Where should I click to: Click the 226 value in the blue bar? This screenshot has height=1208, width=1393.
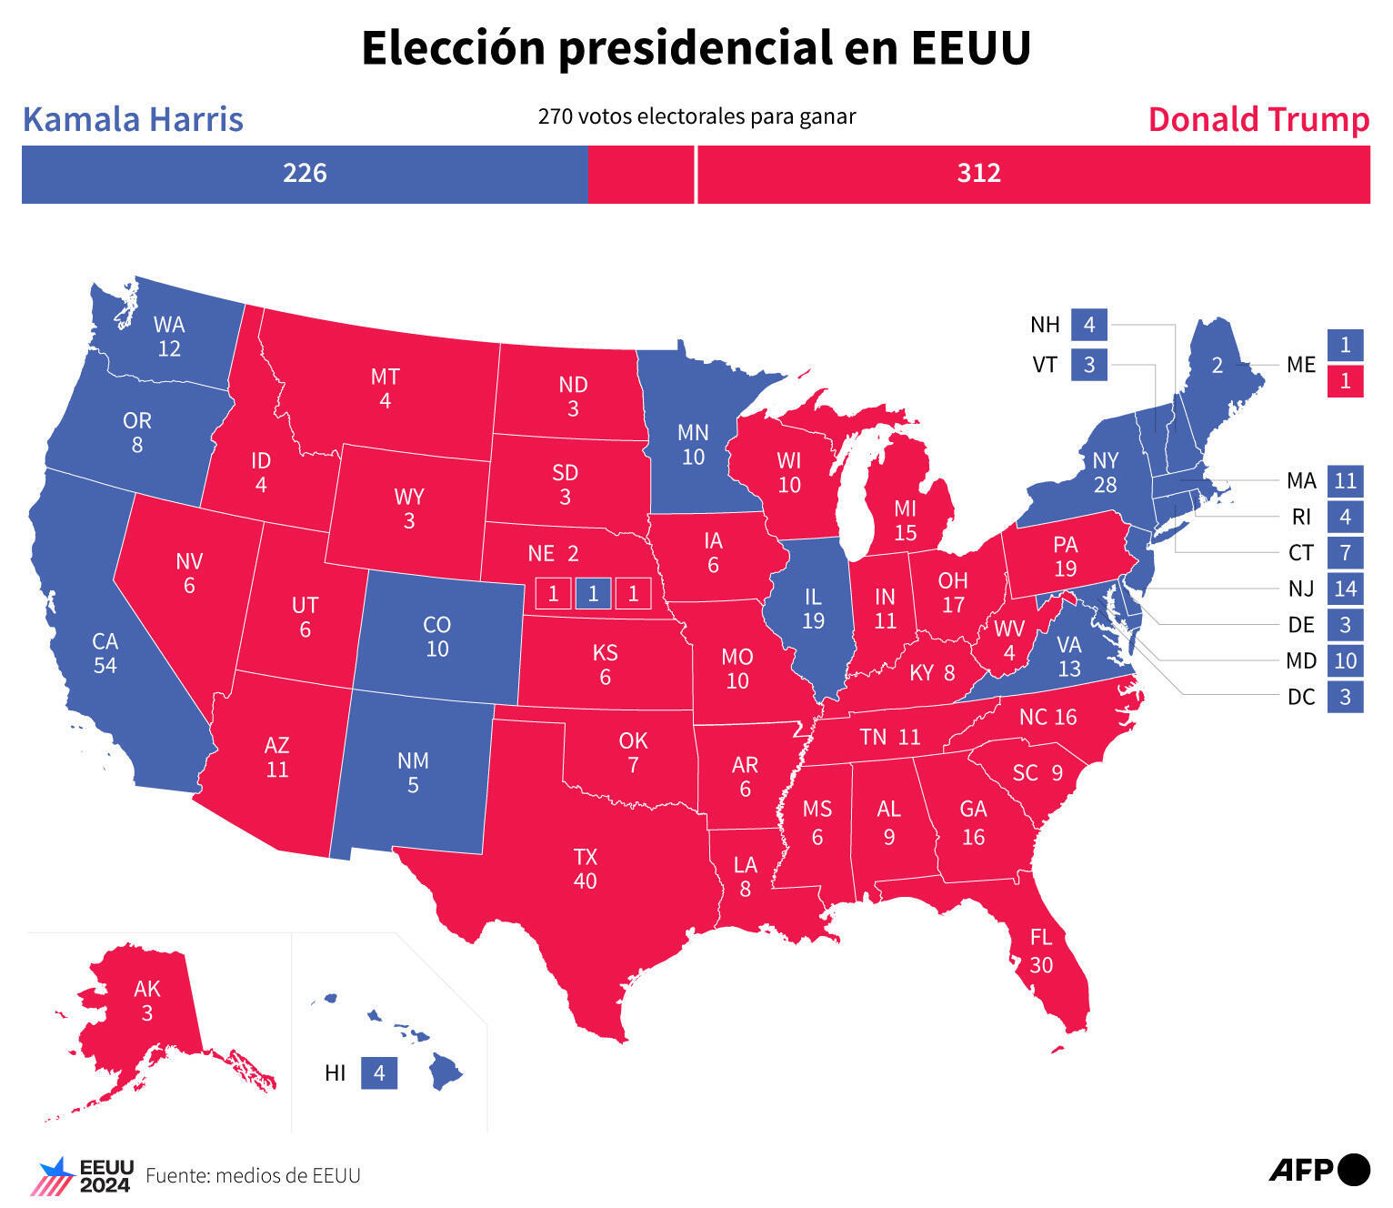coord(304,173)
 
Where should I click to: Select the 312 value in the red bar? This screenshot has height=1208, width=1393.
coord(978,173)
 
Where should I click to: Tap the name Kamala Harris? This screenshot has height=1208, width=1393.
coord(133,119)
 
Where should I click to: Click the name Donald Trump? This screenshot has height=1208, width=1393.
coord(1258,119)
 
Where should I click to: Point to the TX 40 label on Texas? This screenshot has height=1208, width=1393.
coord(585,868)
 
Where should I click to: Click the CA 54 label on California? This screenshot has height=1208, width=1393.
coord(105,653)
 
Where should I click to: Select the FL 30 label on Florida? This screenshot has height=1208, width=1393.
coord(1040,951)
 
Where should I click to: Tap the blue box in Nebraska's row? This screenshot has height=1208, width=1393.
coord(593,594)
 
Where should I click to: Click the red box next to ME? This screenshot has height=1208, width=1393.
coord(1345,381)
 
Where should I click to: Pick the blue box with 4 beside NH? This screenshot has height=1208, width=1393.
coord(1088,324)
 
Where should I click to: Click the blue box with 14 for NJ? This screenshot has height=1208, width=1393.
coord(1345,589)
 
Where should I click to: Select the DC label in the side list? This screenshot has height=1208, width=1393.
coord(1300,698)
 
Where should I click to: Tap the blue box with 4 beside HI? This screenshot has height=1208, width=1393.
coord(379,1073)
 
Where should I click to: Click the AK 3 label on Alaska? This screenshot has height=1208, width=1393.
coord(146,1000)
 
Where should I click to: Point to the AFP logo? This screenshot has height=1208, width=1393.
coord(1318,1169)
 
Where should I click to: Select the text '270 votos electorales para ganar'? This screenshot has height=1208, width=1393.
coord(696,116)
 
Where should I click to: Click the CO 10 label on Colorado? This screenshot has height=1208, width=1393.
coord(436,636)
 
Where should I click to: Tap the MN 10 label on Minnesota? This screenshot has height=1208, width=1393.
coord(693,444)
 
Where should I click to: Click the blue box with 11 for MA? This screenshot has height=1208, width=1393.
coord(1345,480)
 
